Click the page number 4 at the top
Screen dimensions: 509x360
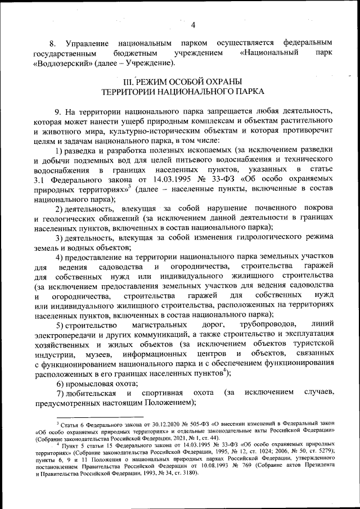point(193,25)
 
